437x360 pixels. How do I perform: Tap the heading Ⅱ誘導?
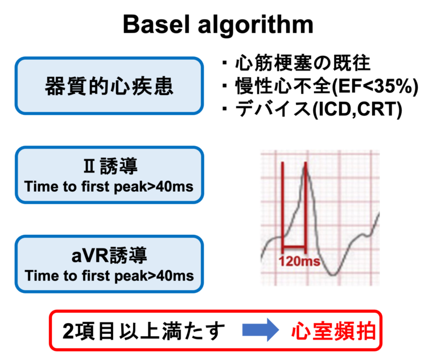pyautogui.click(x=109, y=167)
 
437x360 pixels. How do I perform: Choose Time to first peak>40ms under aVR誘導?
pyautogui.click(x=109, y=276)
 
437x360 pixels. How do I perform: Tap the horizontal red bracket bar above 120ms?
pyautogui.click(x=294, y=247)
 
